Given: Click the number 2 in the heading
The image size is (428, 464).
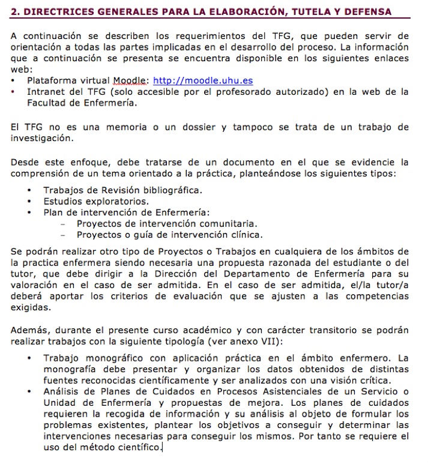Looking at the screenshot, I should [x=14, y=11].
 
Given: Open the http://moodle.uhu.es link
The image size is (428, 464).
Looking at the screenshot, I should [x=203, y=80].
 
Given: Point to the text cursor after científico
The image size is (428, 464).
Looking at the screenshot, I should [x=162, y=448].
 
